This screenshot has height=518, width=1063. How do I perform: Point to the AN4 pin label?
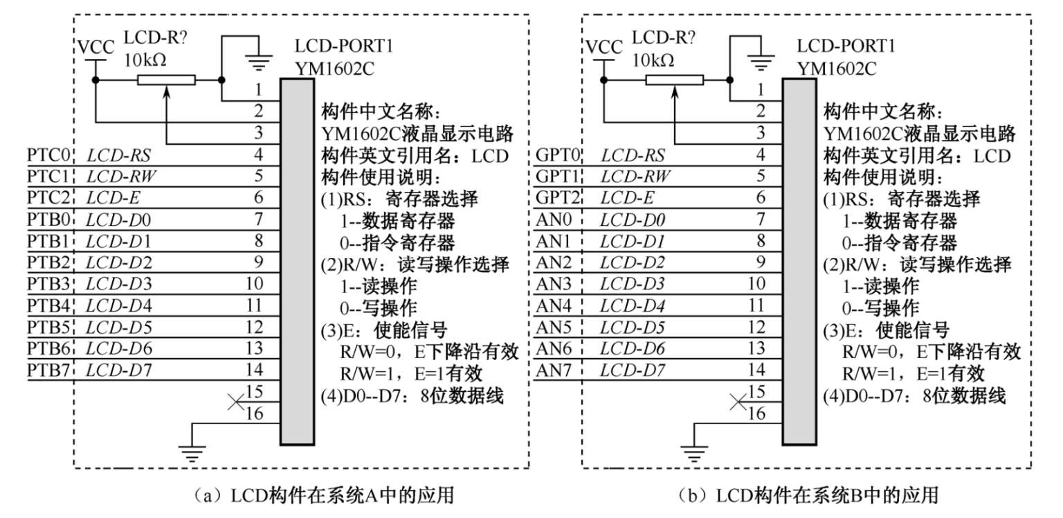pyautogui.click(x=554, y=305)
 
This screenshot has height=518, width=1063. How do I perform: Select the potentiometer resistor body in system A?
pyautogui.click(x=166, y=81)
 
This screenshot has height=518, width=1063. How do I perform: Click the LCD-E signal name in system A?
pyautogui.click(x=109, y=197)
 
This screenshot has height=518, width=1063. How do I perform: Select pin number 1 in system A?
pyautogui.click(x=257, y=89)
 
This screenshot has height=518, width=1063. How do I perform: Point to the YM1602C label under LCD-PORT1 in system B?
pyautogui.click(x=837, y=69)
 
